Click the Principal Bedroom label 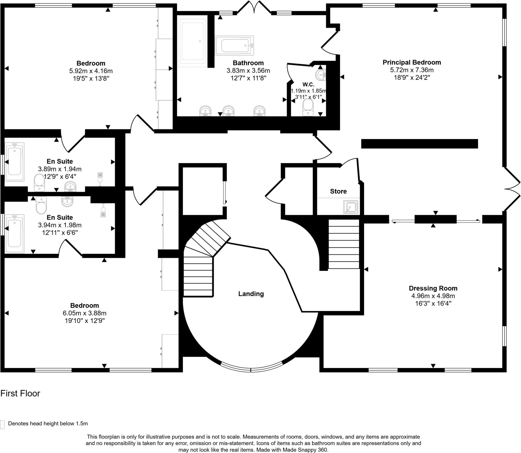tap(412, 62)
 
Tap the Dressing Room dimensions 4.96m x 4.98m tap(433, 296)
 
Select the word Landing tap(251, 294)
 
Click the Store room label tap(338, 191)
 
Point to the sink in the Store tap(350, 207)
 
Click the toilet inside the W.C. tap(308, 107)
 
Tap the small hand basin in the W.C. tap(321, 75)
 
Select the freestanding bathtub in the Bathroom tap(234, 46)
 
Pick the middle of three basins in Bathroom tap(228, 111)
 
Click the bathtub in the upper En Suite tap(15, 162)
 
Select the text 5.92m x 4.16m tap(91, 71)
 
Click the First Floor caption tap(20, 393)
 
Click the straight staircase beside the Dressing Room tap(344, 244)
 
